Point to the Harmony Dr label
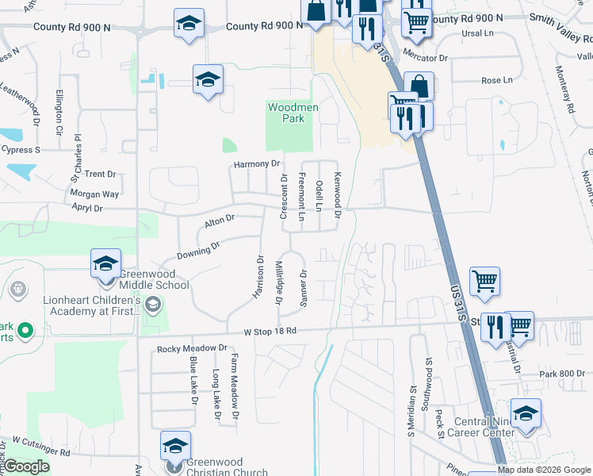[x=257, y=164]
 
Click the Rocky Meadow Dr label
[x=192, y=348]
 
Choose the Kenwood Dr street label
[x=337, y=195]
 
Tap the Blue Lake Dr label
[x=193, y=379]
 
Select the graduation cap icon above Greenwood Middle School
[x=105, y=263]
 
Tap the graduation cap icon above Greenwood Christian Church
[x=176, y=447]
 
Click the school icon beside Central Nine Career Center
[x=526, y=414]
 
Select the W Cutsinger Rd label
[x=40, y=445]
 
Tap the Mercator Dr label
[x=426, y=58]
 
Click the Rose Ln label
[x=497, y=80]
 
